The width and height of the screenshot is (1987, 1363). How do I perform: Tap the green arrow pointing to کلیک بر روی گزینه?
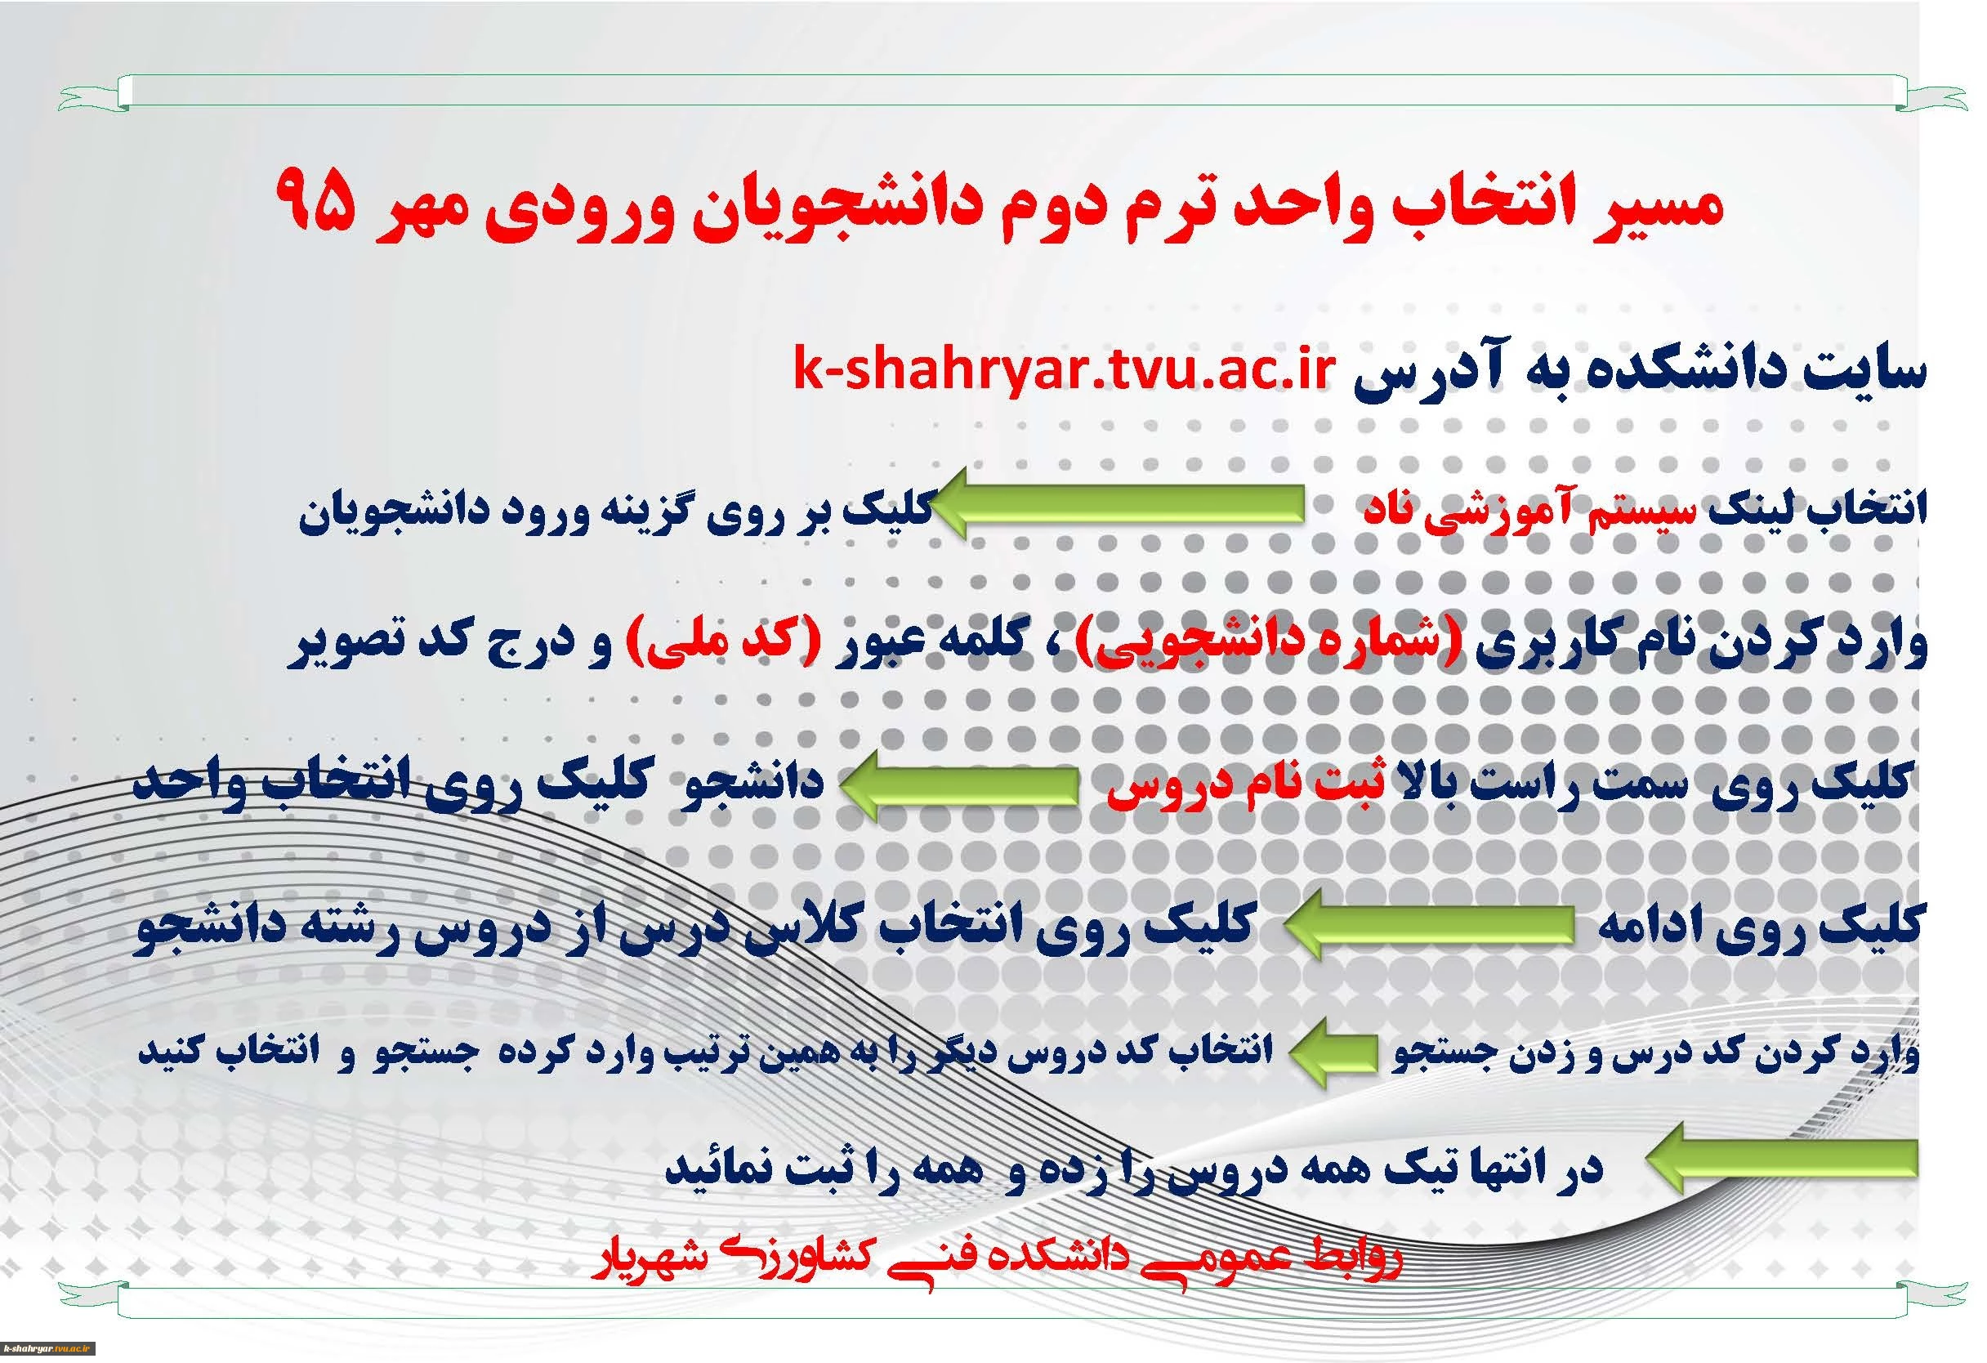click(1115, 504)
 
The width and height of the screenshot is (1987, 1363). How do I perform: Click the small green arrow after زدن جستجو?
click(1333, 1055)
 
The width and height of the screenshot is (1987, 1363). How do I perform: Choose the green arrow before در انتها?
click(1779, 1160)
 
